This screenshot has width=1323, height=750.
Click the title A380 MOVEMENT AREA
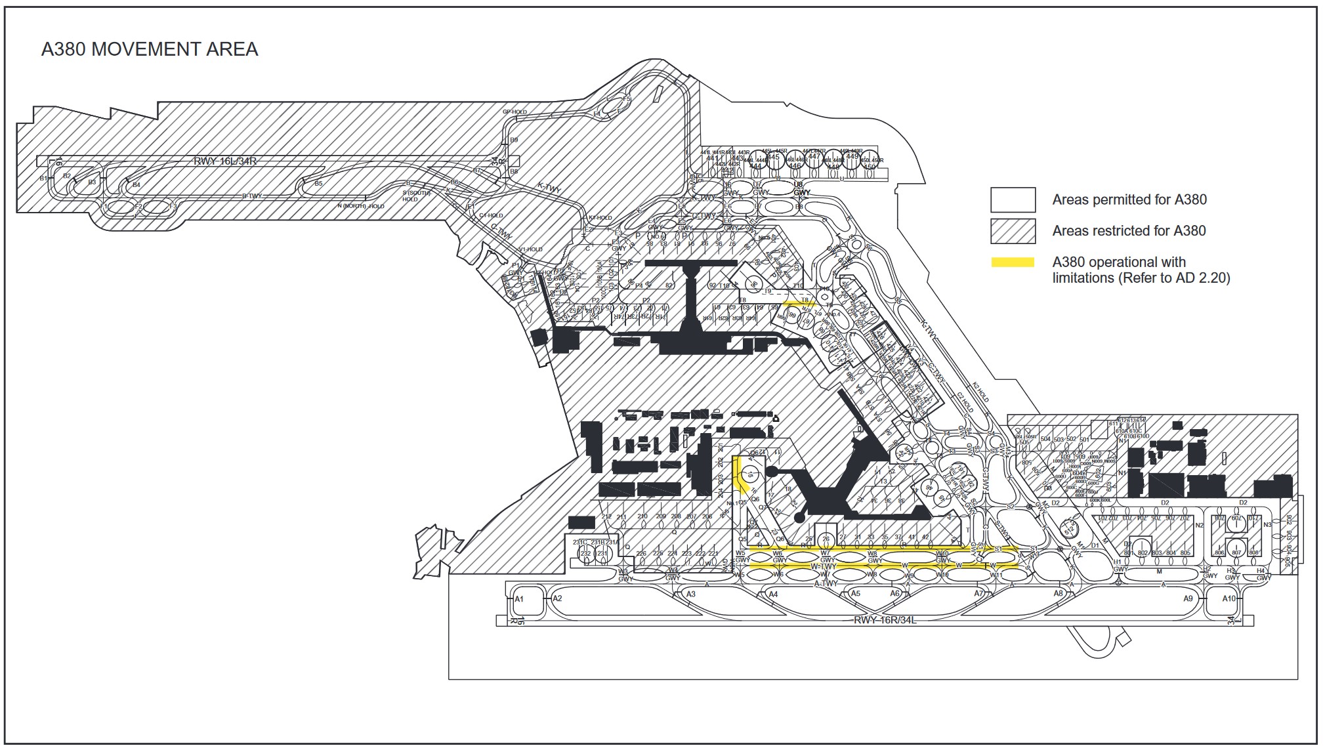tap(150, 49)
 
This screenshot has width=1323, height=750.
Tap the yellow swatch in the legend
tap(1013, 262)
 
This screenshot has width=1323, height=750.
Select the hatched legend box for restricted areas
tap(1013, 231)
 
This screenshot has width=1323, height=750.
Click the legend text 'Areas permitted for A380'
tap(1129, 199)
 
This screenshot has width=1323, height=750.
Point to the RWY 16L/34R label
tap(224, 161)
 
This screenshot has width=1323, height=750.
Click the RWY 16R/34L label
tap(885, 620)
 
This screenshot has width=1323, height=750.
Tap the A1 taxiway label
tap(519, 599)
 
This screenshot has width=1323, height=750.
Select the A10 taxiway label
tap(1228, 598)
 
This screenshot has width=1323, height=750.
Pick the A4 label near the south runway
tap(773, 594)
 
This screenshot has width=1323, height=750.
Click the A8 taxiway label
tap(1058, 593)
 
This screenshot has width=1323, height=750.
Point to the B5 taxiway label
tap(318, 184)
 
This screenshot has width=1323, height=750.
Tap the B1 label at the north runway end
tap(43, 178)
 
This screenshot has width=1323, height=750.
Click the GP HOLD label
tap(514, 112)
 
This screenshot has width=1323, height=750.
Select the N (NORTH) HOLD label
tap(360, 206)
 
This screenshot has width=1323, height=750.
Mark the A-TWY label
tap(826, 583)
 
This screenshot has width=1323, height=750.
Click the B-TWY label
tap(252, 196)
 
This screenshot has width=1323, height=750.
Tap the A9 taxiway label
tap(1188, 598)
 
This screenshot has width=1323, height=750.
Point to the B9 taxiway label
tap(514, 140)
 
